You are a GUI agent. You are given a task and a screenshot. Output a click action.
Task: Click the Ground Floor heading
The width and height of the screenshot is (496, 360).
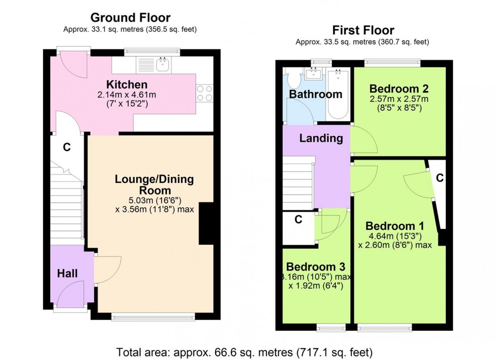130,19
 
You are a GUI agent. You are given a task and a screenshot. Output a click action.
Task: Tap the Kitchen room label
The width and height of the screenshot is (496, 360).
127,84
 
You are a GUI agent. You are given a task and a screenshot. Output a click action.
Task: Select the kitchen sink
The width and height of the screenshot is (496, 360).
163,63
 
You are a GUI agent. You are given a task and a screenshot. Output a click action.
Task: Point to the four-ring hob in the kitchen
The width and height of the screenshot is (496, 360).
204,93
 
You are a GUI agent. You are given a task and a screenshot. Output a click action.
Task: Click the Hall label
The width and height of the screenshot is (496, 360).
67,274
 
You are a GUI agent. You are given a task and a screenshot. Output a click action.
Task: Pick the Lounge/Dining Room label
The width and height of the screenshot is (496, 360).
154,185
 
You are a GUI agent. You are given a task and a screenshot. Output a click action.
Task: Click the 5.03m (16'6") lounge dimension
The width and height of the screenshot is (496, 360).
154,201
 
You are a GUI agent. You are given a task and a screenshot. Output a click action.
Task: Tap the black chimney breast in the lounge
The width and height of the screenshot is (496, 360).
206,223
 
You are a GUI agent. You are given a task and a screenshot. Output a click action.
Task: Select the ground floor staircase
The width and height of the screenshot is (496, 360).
66,202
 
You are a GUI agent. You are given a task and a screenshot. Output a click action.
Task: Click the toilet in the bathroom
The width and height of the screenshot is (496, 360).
293,80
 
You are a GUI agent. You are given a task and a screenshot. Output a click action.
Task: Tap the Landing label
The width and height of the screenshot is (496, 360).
321,138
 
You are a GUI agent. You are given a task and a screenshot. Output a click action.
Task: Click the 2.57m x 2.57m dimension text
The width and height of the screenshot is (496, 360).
400,99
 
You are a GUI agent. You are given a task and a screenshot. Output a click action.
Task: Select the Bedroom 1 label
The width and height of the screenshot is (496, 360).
395,226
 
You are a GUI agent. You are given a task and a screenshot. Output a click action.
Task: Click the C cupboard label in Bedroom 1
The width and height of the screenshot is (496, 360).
440,178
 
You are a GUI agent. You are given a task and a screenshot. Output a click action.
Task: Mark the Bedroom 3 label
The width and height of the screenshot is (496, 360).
316,266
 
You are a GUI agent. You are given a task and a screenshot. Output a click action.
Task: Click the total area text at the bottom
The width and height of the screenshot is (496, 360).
245,351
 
